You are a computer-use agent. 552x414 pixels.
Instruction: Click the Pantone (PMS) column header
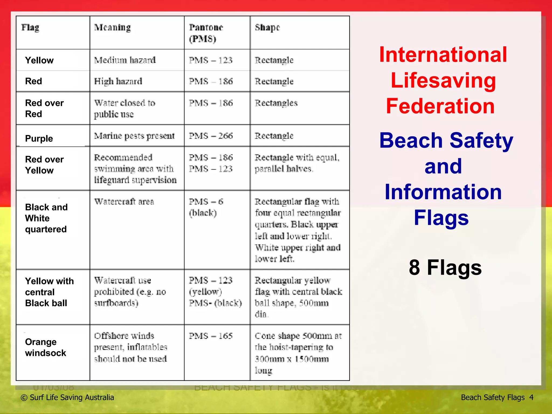pos(206,33)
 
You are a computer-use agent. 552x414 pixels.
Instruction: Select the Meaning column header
pos(112,27)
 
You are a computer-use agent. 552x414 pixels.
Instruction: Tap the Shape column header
pos(267,27)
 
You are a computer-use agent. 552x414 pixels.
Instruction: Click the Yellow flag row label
pos(39,60)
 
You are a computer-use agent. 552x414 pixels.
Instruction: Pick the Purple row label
pos(39,138)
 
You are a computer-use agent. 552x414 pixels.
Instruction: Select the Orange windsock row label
pos(46,347)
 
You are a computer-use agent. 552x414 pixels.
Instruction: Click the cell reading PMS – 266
pos(211,136)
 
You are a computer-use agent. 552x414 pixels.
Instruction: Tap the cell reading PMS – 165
pos(211,336)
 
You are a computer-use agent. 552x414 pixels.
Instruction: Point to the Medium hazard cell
pos(125,60)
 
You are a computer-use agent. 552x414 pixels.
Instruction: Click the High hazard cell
pos(118,81)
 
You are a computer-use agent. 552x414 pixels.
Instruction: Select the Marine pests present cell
pos(134,136)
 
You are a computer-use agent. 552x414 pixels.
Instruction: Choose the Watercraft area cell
pos(124,202)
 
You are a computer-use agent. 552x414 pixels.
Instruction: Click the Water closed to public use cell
pos(125,108)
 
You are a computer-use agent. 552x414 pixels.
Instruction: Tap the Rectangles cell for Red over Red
pos(276,103)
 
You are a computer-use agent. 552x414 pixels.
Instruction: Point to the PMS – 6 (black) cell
pos(206,207)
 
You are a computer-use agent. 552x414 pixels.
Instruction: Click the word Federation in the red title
pos(440,106)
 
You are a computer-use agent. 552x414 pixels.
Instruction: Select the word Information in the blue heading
pos(443,192)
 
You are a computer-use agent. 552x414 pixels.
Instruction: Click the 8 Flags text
pos(445,267)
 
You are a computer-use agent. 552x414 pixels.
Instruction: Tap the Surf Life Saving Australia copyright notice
pos(67,397)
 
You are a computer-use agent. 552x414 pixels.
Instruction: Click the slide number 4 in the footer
pos(531,397)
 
